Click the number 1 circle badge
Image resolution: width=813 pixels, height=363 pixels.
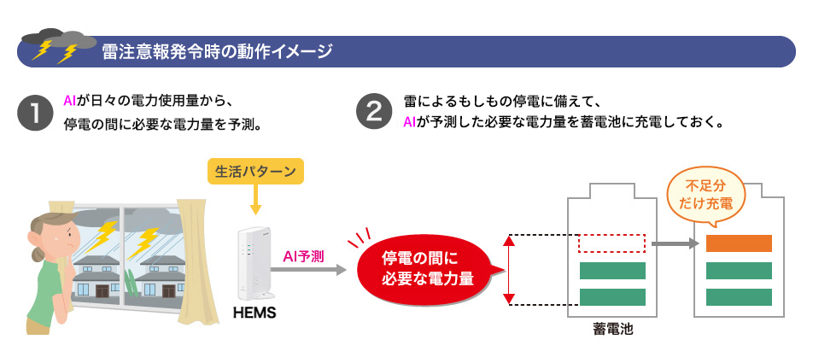point(35,112)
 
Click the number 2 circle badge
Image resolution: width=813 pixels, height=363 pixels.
point(374,112)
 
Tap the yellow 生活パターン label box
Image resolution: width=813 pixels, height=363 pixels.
point(254,171)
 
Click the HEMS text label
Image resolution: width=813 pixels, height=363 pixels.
point(254,313)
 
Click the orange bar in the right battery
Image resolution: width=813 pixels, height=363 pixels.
point(739,243)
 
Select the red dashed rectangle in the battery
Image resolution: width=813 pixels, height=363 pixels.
point(611,243)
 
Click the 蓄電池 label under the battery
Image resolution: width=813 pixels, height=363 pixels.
point(612,329)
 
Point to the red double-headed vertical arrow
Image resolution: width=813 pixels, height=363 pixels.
point(509,270)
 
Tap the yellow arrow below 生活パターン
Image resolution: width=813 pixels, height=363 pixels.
point(254,200)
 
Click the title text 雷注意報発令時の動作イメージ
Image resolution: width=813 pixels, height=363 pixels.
point(217,52)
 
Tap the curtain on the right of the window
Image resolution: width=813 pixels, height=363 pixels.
point(193,265)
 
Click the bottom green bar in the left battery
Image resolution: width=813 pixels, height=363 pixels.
point(612,297)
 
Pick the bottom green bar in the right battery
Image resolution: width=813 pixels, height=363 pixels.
point(739,297)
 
